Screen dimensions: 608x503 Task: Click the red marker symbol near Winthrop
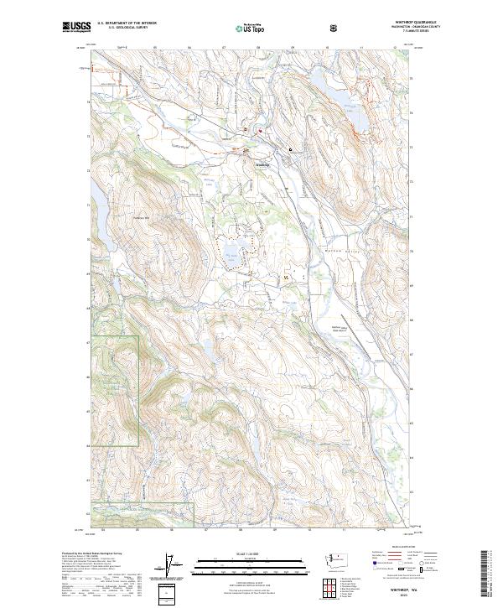[x=259, y=131]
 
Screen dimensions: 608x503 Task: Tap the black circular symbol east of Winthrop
[x=291, y=149]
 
